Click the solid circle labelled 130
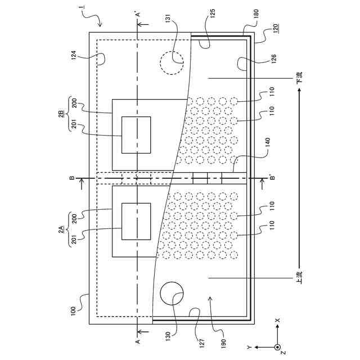pos(172,294)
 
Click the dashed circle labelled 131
pos(172,62)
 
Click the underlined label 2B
pos(61,114)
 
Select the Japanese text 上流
pos(300,277)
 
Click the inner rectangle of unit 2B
pos(137,135)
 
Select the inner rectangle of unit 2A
pos(137,223)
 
